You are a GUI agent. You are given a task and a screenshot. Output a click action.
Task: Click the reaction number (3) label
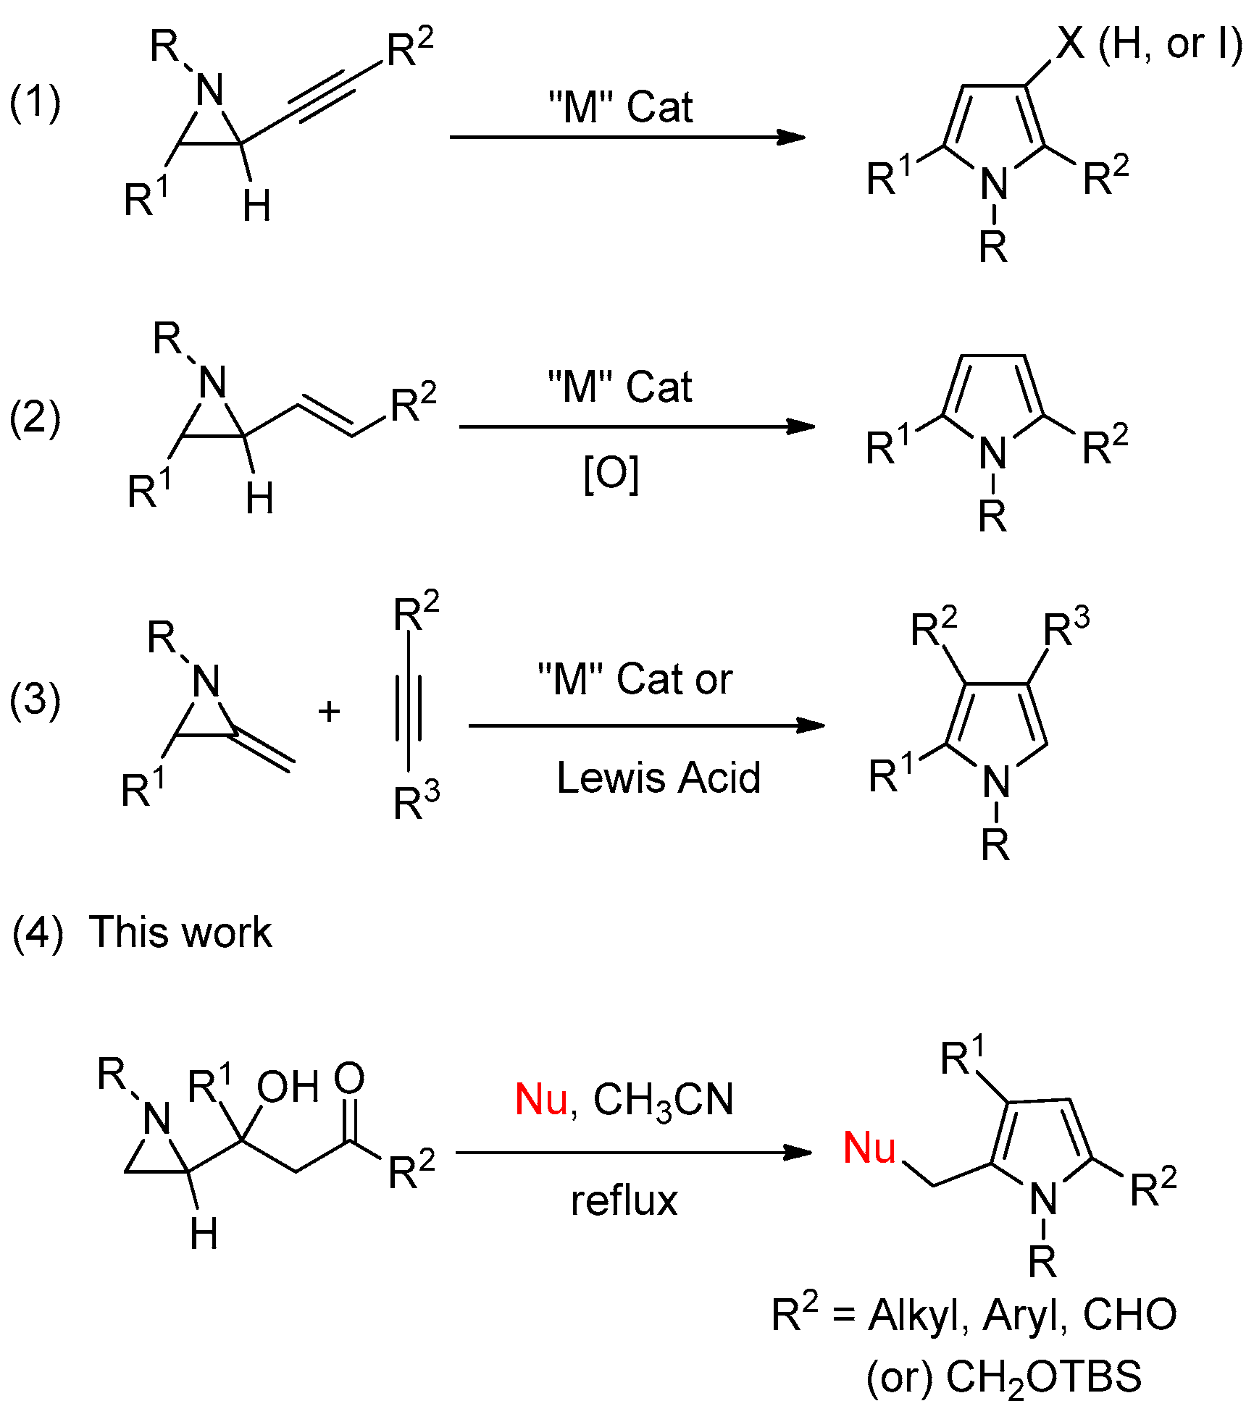coord(35,699)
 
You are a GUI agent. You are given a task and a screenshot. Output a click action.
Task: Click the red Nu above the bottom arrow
coord(540,1099)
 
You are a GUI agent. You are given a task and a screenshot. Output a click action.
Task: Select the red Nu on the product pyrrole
coord(869,1148)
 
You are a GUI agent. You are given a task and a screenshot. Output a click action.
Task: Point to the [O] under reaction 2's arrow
coord(611,474)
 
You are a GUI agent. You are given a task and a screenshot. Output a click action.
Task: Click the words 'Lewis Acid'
coord(658,778)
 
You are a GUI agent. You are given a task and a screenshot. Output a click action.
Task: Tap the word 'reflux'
coord(624,1200)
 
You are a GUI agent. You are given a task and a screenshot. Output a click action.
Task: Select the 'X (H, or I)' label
coord(1148,45)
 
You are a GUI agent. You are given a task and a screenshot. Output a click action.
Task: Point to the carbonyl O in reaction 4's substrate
coord(349,1078)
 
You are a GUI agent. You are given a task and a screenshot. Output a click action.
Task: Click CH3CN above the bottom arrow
coord(663,1101)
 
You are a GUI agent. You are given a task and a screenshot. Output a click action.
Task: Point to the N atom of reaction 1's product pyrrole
coord(994,182)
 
